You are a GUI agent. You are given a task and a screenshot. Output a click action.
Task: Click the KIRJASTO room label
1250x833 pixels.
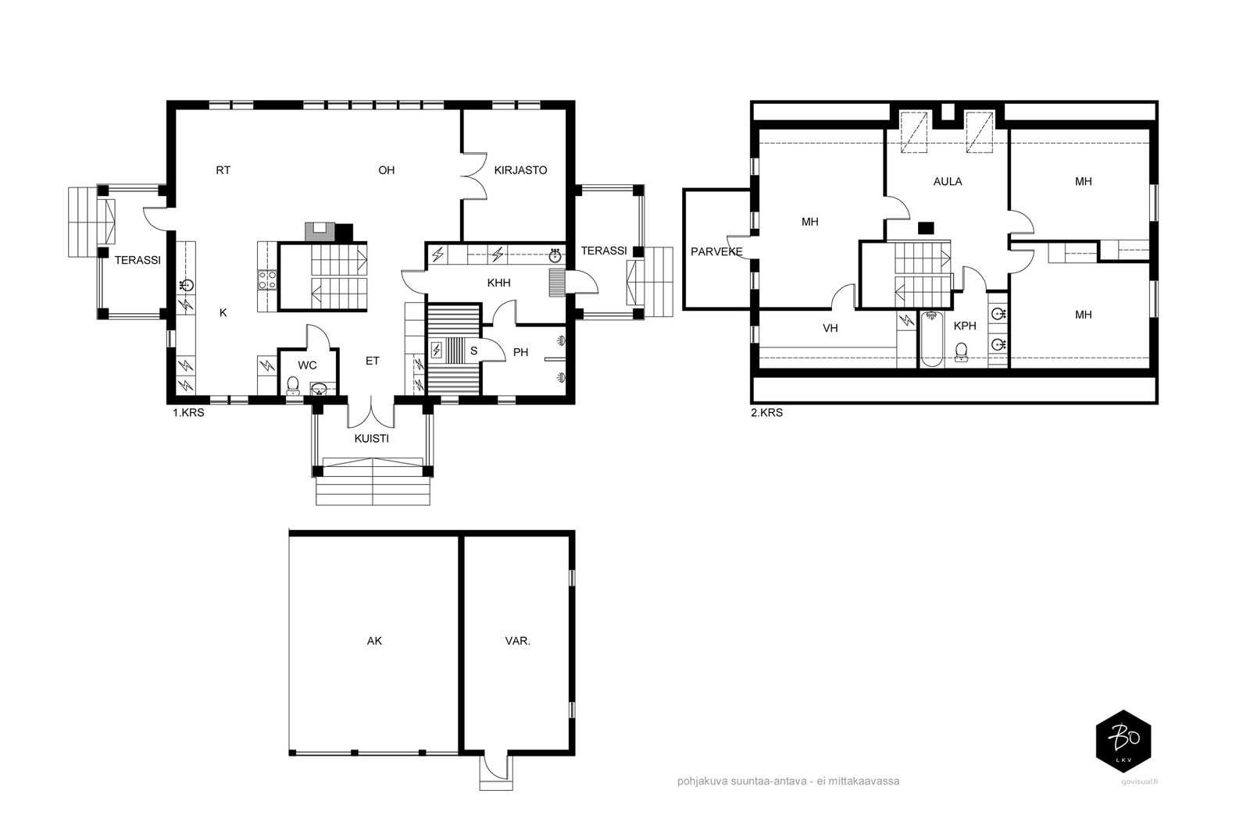[520, 170]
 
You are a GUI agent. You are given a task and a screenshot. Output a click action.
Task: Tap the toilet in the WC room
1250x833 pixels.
[293, 386]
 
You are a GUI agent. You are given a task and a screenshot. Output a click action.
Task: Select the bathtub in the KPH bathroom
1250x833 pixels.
[931, 339]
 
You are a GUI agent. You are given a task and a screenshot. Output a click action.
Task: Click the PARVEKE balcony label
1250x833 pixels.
[716, 251]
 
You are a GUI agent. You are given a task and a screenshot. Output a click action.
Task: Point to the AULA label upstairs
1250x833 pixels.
[948, 181]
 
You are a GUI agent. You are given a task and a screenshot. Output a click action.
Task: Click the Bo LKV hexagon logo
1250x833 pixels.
[1123, 741]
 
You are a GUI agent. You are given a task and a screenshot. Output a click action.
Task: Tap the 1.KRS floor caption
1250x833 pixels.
[188, 413]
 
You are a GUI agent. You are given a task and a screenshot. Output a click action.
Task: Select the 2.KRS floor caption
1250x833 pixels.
[766, 413]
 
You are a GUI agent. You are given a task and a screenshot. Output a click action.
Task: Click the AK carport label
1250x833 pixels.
[374, 641]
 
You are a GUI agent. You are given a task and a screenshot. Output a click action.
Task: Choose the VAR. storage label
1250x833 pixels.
[517, 641]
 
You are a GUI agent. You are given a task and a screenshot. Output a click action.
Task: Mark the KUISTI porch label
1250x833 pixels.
[372, 438]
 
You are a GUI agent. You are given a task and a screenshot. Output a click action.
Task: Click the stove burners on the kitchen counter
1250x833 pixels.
[266, 280]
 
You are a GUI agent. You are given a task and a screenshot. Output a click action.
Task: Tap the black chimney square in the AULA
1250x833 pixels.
[927, 227]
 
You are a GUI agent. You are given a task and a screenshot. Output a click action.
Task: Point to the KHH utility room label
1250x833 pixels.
[499, 283]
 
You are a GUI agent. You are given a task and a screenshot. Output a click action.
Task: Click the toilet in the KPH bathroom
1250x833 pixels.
[961, 351]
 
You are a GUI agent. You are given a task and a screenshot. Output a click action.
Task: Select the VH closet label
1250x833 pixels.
[830, 328]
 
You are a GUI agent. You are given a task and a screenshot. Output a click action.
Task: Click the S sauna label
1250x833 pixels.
[473, 351]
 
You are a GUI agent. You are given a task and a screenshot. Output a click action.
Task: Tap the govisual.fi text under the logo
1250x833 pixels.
[1140, 781]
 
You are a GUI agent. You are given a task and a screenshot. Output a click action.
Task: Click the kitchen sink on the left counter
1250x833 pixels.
[187, 286]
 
